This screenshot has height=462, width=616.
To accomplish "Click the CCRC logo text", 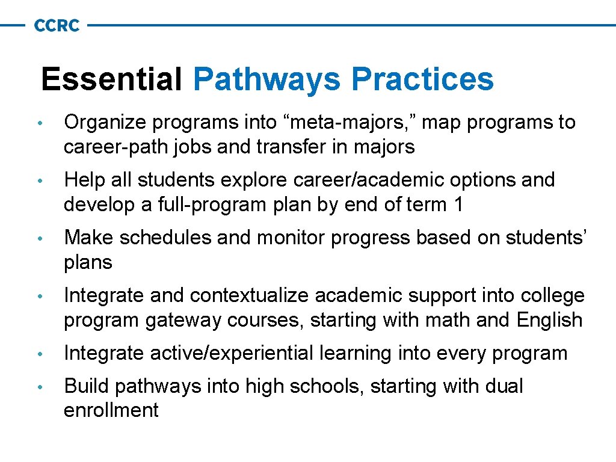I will pos(57,26).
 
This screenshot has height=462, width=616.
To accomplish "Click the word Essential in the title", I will pos(111,79).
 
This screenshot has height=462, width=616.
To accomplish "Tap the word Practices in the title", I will pos(422,79).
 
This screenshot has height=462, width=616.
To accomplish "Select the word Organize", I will pos(105,123).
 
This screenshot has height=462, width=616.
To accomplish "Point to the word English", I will pos(549,320).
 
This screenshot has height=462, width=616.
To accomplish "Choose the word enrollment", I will pos(111,410).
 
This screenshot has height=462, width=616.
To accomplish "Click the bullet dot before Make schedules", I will pos(38,239).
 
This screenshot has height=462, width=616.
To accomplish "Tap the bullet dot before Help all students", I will pos(38,181).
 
